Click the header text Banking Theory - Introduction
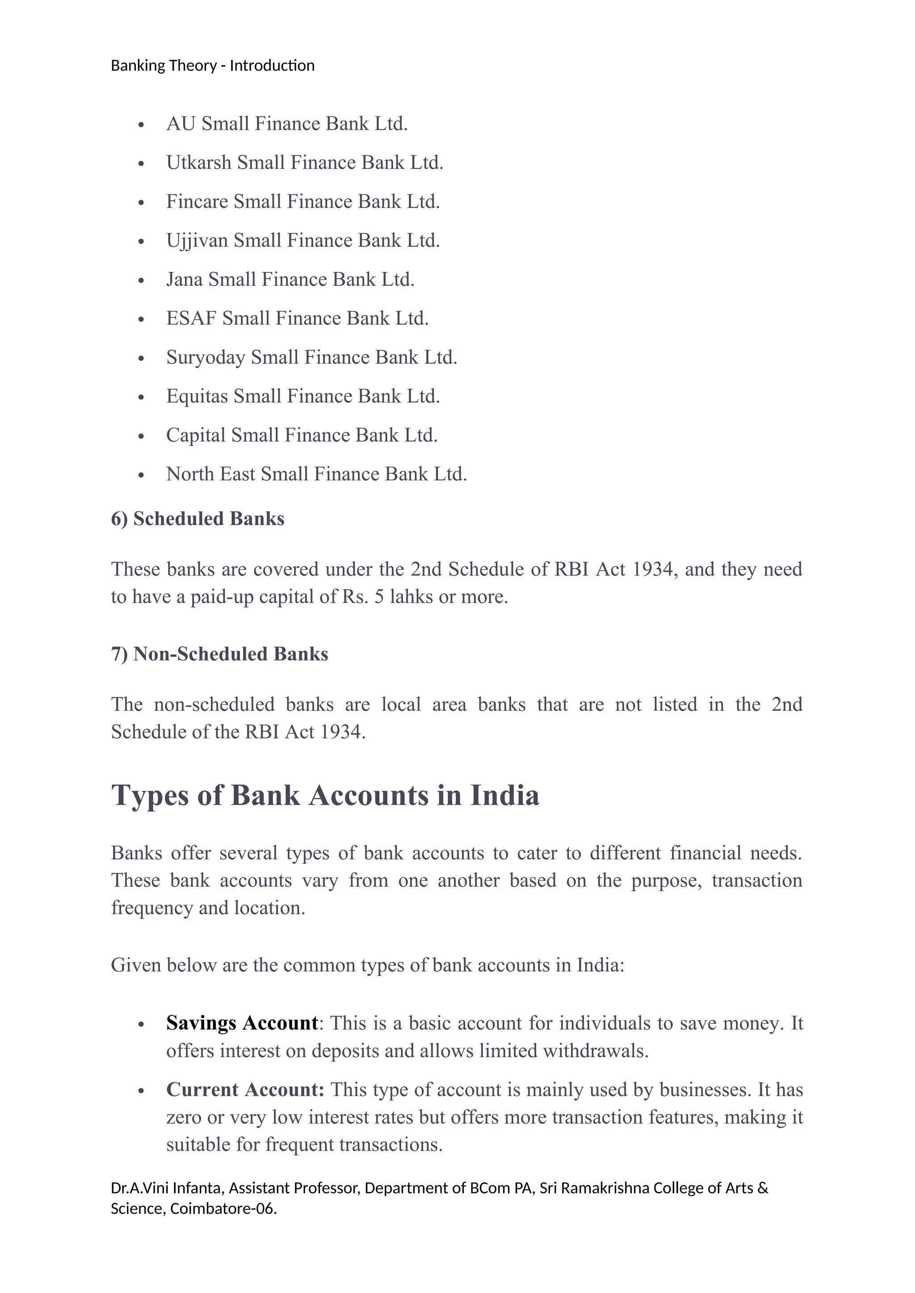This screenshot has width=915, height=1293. (212, 66)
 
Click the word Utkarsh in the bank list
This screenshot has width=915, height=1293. (198, 163)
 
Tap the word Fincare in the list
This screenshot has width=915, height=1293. (197, 202)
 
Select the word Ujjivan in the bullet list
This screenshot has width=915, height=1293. (197, 241)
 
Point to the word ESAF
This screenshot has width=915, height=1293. (191, 319)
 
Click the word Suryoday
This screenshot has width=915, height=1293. (205, 358)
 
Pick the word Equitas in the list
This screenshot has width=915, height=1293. (197, 396)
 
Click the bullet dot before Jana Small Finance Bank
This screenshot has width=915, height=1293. (142, 280)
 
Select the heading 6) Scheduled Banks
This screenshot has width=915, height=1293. (197, 519)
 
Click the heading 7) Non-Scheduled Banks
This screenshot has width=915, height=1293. (219, 655)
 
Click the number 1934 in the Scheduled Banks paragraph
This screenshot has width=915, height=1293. (652, 569)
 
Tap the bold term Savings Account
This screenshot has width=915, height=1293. (242, 1023)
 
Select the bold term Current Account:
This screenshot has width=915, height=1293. (245, 1090)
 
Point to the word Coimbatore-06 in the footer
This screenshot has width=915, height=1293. (222, 1209)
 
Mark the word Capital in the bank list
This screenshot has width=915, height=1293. (196, 435)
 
